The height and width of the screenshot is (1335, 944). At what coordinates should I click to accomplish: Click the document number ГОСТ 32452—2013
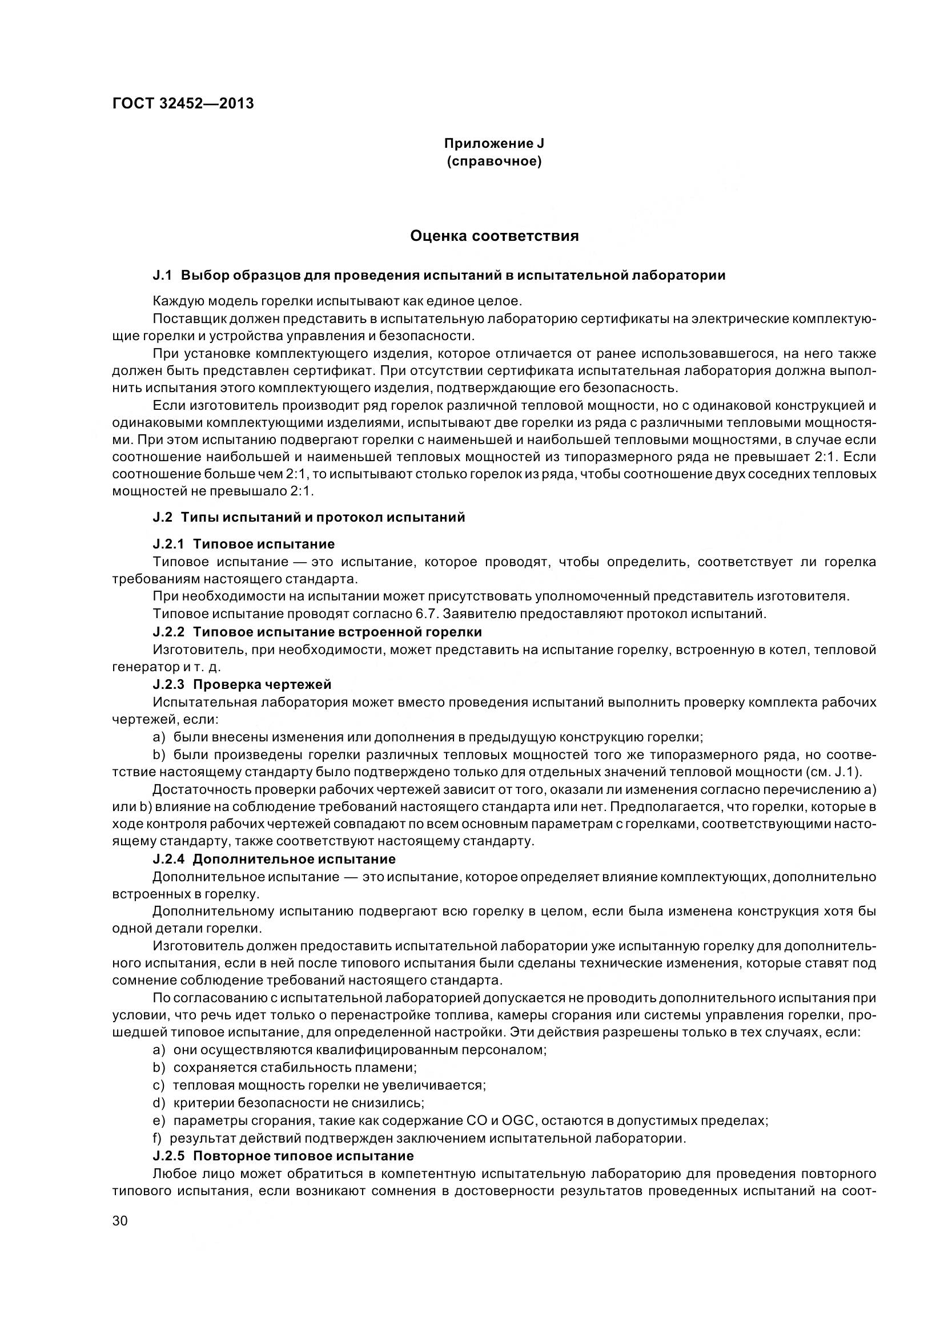tap(183, 103)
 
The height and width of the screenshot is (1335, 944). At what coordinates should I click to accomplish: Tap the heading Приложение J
tap(494, 143)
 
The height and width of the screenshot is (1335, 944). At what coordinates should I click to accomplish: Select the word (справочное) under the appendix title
tap(494, 161)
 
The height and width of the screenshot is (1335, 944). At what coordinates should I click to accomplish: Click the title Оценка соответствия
tap(494, 236)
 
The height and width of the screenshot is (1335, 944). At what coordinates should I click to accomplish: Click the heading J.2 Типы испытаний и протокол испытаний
tap(308, 517)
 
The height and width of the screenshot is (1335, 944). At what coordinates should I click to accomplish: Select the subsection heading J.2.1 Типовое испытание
tap(243, 544)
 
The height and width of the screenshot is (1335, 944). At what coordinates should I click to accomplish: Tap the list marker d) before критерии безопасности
tap(159, 1103)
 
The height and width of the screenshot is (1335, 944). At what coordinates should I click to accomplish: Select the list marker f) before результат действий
tap(157, 1138)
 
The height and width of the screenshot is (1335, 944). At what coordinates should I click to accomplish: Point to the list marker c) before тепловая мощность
tap(159, 1085)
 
